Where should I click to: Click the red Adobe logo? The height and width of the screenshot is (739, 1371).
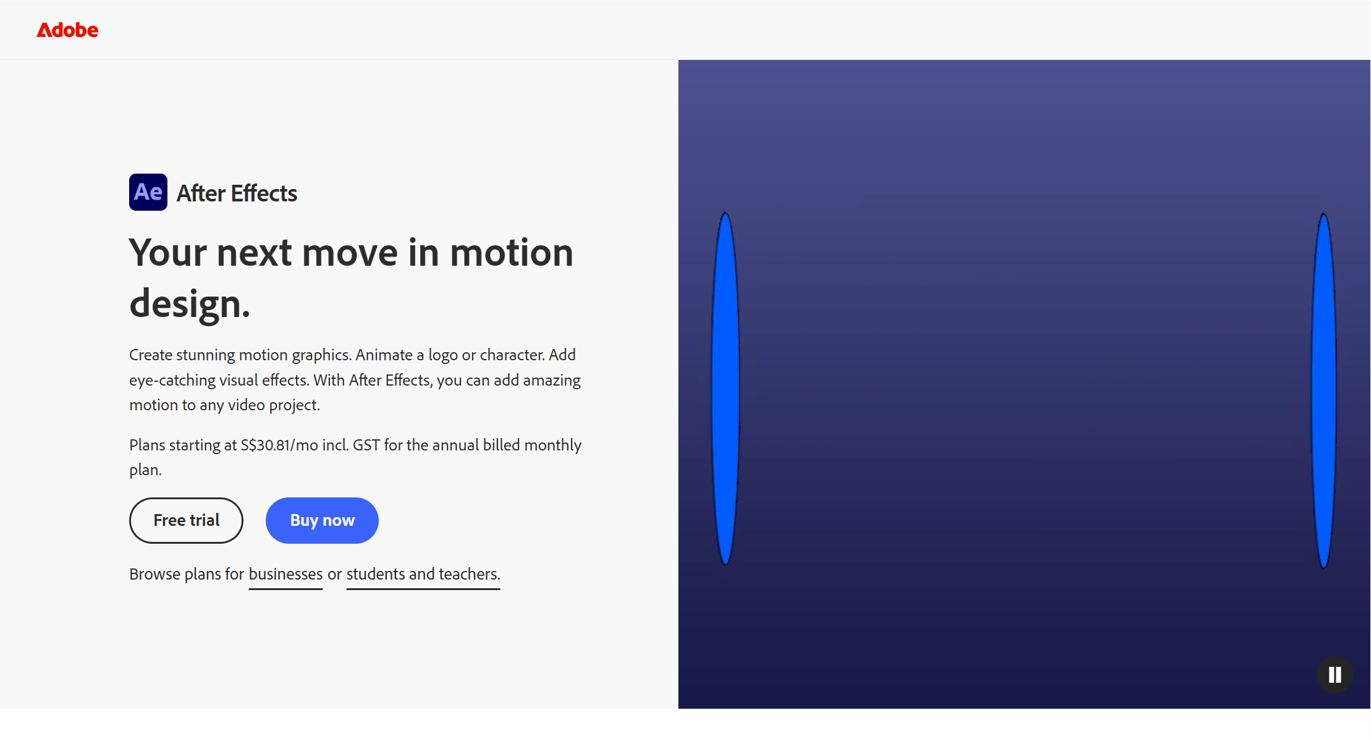(67, 30)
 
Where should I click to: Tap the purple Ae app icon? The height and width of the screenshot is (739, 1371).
(148, 192)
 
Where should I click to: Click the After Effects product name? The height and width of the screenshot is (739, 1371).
(237, 193)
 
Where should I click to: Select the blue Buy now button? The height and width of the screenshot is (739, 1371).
(322, 520)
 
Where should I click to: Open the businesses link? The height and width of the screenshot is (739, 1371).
(285, 574)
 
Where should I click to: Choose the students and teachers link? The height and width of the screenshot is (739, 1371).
(423, 574)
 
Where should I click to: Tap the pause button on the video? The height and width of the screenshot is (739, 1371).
(1335, 675)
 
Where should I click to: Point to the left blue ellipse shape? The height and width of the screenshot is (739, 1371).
(725, 389)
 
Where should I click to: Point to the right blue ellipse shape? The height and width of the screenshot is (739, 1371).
(1323, 391)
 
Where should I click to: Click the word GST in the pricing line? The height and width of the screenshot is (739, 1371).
(366, 445)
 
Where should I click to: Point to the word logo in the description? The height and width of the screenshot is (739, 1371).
(443, 355)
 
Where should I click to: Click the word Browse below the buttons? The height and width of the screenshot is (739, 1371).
(154, 574)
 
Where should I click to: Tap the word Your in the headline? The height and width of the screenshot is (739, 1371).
(168, 253)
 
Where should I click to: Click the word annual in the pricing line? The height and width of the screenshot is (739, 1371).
(455, 445)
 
